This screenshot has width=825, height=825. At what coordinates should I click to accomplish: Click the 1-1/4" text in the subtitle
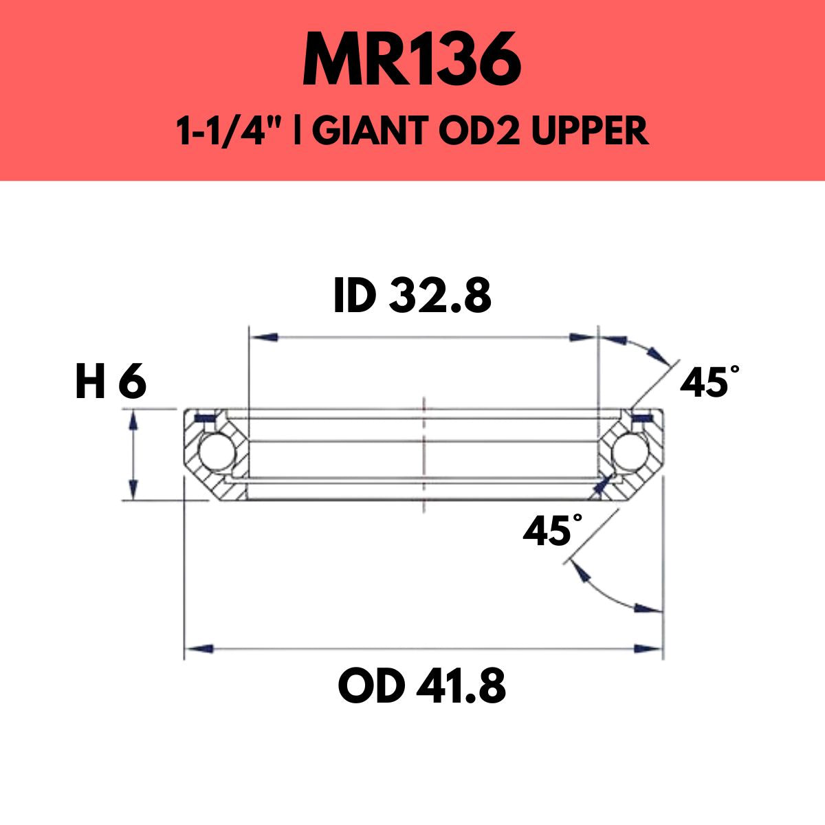coord(230,131)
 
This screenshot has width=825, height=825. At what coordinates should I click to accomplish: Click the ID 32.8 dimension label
coord(412,296)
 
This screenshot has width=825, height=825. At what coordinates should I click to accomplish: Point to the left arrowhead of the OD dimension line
coord(199,648)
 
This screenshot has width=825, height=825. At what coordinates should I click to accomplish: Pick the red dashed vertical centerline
coord(424,454)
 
